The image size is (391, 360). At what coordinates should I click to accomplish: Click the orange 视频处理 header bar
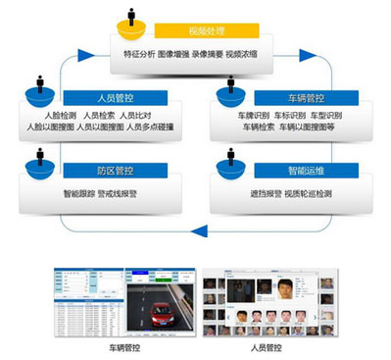pyautogui.click(x=210, y=31)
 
